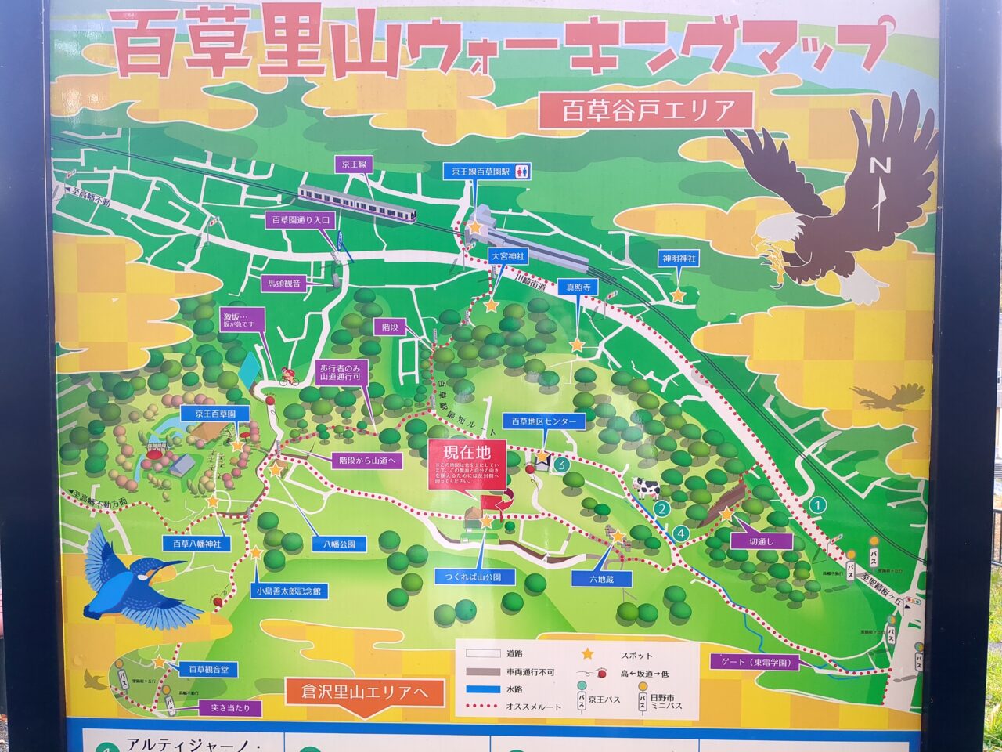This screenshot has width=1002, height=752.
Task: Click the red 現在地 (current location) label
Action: (467, 452)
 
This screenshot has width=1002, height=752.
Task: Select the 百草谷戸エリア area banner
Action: (646, 110)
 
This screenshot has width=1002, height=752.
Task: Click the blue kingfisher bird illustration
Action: (133, 576)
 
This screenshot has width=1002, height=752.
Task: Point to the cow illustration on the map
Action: (647, 488)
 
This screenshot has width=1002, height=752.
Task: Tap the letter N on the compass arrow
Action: (881, 166)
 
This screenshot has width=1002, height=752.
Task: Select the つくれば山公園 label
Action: (475, 577)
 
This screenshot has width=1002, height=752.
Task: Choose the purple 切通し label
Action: (760, 540)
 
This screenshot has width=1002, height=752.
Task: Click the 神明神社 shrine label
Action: (679, 258)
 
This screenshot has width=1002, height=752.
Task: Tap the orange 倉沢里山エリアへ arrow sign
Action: (365, 693)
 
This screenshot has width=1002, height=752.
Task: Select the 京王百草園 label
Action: (214, 413)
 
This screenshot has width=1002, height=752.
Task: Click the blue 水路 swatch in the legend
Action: (482, 690)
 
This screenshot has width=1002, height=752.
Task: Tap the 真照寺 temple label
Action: (578, 287)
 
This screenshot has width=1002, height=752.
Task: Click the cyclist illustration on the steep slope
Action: (290, 378)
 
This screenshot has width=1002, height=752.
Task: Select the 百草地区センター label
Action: (543, 421)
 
